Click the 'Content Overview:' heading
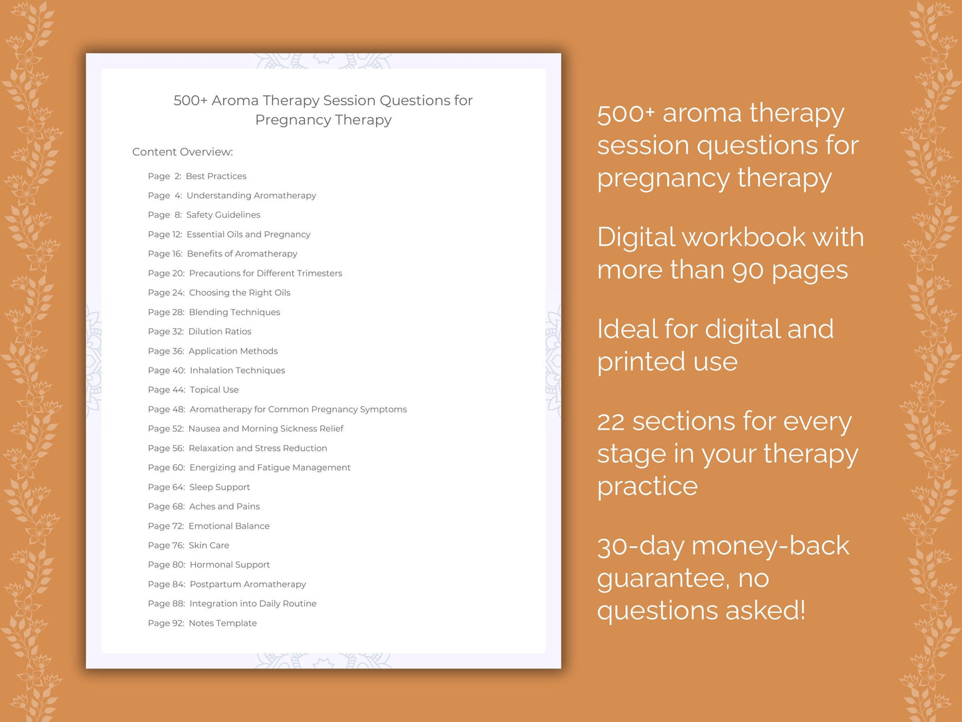point(182,152)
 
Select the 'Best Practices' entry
point(216,176)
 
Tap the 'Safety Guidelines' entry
point(223,214)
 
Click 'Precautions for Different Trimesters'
point(265,273)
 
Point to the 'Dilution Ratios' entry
point(220,331)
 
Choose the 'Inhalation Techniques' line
point(237,370)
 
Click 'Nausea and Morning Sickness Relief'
point(266,428)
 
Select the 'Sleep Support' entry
point(220,487)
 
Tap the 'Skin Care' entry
point(208,545)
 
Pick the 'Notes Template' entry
point(222,623)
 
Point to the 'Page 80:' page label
point(166,564)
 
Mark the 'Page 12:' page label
point(164,234)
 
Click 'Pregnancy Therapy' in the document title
point(324,120)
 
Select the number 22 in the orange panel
point(610,422)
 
